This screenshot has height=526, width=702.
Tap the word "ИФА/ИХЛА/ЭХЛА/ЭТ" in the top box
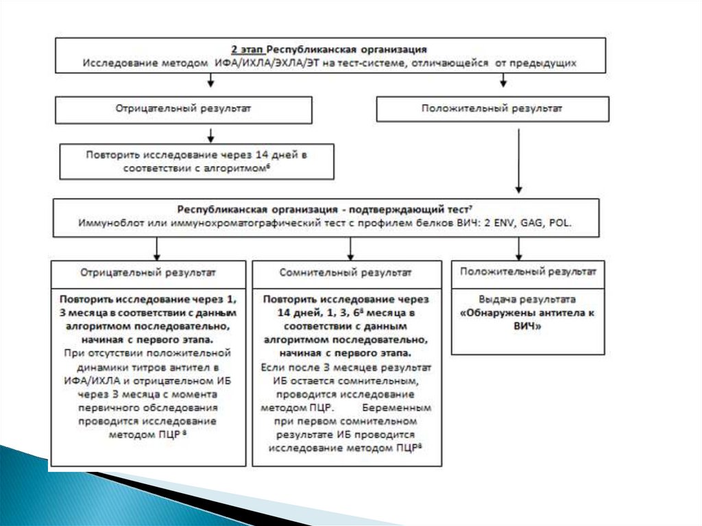tap(275, 62)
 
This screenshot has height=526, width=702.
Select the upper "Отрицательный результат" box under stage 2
tap(183, 109)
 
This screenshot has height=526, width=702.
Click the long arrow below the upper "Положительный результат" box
tap(519, 158)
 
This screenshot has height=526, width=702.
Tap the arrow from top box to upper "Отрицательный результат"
tap(211, 81)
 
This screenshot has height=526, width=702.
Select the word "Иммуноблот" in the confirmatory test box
tap(108, 223)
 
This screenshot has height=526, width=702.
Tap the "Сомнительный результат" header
tap(346, 272)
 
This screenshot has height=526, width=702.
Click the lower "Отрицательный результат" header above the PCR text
tap(147, 272)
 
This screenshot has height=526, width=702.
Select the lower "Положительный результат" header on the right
tap(528, 272)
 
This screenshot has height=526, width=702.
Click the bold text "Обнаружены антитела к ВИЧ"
tap(527, 320)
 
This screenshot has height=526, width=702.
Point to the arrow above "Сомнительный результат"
tap(351, 248)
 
